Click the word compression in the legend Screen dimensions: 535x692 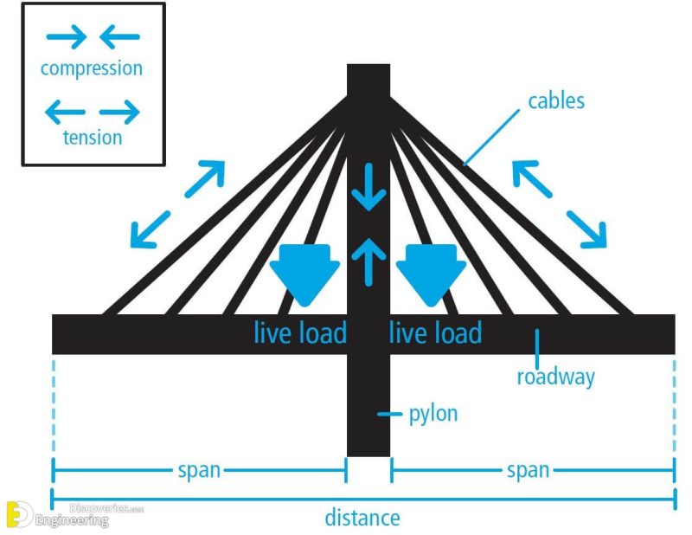(92, 68)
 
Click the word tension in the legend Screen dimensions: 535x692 (92, 138)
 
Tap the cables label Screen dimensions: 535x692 (556, 101)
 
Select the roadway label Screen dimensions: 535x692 (555, 377)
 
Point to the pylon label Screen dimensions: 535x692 (432, 414)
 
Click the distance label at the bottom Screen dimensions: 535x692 (362, 519)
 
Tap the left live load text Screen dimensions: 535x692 (300, 332)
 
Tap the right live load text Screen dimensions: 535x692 (435, 332)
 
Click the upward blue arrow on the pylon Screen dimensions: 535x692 (368, 260)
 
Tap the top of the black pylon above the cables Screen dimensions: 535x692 (368, 82)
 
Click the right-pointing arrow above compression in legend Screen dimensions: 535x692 (67, 36)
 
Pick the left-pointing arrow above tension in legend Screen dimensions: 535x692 (65, 111)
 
